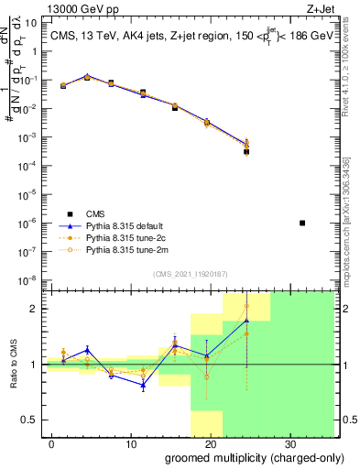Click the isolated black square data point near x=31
[303, 223]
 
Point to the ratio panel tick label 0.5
[31, 420]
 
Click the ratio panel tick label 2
[35, 309]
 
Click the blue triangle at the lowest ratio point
[143, 385]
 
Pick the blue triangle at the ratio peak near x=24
[246, 320]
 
